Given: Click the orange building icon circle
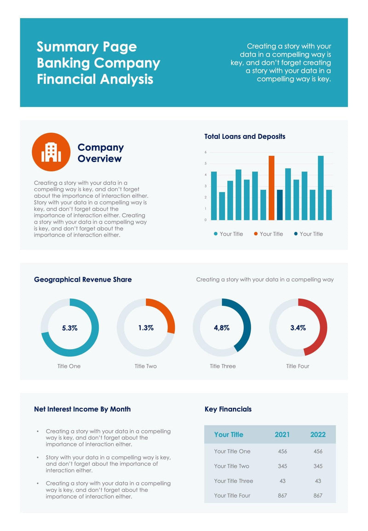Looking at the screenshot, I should coord(51,152).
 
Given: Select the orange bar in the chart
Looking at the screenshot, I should coord(271,188).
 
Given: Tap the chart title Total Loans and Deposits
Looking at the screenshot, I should coord(245,136).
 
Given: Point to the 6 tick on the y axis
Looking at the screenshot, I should coord(206,152).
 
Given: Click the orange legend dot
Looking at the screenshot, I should coord(256,234).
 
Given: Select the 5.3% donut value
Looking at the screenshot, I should coord(70,328).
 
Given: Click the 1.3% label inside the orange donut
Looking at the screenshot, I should coord(146,328).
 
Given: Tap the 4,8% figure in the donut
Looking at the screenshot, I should coord(222,328).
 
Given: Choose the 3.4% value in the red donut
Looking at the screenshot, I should coord(298,328).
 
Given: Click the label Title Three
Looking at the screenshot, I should coord(223,366).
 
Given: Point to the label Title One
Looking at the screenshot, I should coord(69,366).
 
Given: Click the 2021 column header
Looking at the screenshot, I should coord(282,435).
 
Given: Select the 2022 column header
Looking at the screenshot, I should coord(318,435).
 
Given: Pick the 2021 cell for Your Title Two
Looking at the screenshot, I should coord(282,466).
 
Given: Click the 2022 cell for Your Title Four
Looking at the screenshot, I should coord(318,496).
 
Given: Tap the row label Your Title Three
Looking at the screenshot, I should coord(233,481).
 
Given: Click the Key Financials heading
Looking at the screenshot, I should coord(228,409).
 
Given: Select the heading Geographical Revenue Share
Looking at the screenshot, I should coord(83,279).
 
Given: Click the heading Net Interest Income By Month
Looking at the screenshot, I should coord(82,409).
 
